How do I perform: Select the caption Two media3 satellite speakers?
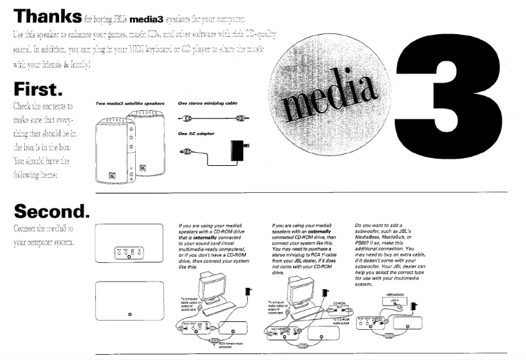coord(129,103)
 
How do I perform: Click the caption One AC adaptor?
coord(196,133)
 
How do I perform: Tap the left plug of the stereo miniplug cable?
coord(187,119)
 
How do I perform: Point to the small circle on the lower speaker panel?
coord(129,315)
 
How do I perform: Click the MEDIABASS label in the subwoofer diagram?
coord(395,294)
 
